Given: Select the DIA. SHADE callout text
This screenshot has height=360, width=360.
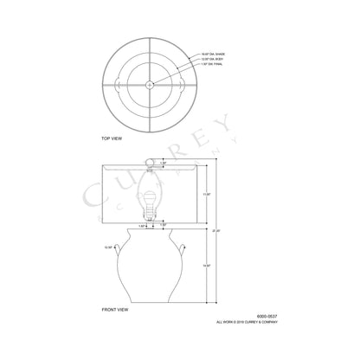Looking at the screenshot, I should coord(215,53).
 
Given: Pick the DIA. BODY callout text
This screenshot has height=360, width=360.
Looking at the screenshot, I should coord(215,59).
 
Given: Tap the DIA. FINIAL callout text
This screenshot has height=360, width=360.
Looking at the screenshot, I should coord(215,65).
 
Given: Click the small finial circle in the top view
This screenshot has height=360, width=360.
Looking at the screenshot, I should coord(149,84).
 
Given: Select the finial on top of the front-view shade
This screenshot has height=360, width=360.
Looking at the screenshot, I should coord(149,158).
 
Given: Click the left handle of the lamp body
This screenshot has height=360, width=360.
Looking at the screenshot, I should coord(122,247).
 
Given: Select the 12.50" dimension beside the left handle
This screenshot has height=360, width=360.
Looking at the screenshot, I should coord(109,247).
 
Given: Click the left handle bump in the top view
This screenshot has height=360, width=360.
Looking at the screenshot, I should coord(116,84).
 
